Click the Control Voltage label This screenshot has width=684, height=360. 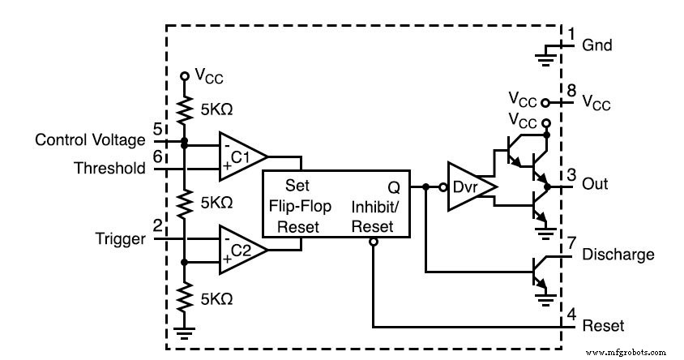pos(89,140)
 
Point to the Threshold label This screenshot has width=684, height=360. pos(109,169)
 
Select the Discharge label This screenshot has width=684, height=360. pos(618,255)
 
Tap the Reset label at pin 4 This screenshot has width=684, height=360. pos(603,326)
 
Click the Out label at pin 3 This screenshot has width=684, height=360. pos(596,185)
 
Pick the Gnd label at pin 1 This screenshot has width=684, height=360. pos(597,45)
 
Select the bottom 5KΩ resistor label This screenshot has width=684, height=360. pos(216,298)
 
